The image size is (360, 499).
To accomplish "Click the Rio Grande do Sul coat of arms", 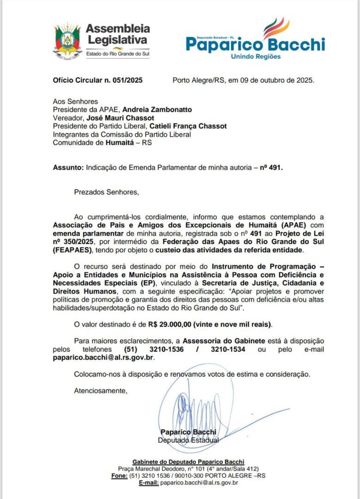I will click(x=67, y=41).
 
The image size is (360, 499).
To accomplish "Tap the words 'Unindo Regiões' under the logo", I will click(x=256, y=56).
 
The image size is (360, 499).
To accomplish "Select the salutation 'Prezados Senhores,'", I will click(x=106, y=191).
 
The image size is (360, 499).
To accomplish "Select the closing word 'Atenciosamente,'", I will click(x=100, y=391).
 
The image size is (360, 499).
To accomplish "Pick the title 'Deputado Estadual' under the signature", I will click(x=188, y=440).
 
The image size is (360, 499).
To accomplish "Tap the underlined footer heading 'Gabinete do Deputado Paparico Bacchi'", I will click(x=188, y=462).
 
